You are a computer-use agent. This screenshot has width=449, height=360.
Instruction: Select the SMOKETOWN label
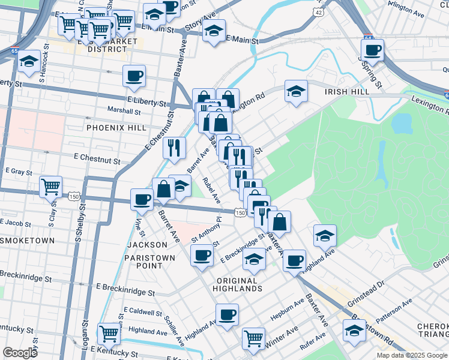(x=27, y=241)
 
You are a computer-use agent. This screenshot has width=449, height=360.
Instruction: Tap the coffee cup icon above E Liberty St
(x=134, y=76)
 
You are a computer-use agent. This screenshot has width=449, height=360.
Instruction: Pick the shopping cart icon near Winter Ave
(x=253, y=338)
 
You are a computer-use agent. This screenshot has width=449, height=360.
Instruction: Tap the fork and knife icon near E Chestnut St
(x=174, y=148)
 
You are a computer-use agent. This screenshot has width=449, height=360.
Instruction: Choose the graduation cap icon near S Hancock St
(x=29, y=61)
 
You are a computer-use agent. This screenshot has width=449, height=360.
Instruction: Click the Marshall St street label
(x=124, y=111)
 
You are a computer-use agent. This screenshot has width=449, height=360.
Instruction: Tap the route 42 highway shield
(x=318, y=12)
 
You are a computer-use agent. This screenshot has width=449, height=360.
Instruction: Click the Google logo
(x=20, y=352)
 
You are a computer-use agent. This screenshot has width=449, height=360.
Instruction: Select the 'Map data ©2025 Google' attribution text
(x=412, y=355)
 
